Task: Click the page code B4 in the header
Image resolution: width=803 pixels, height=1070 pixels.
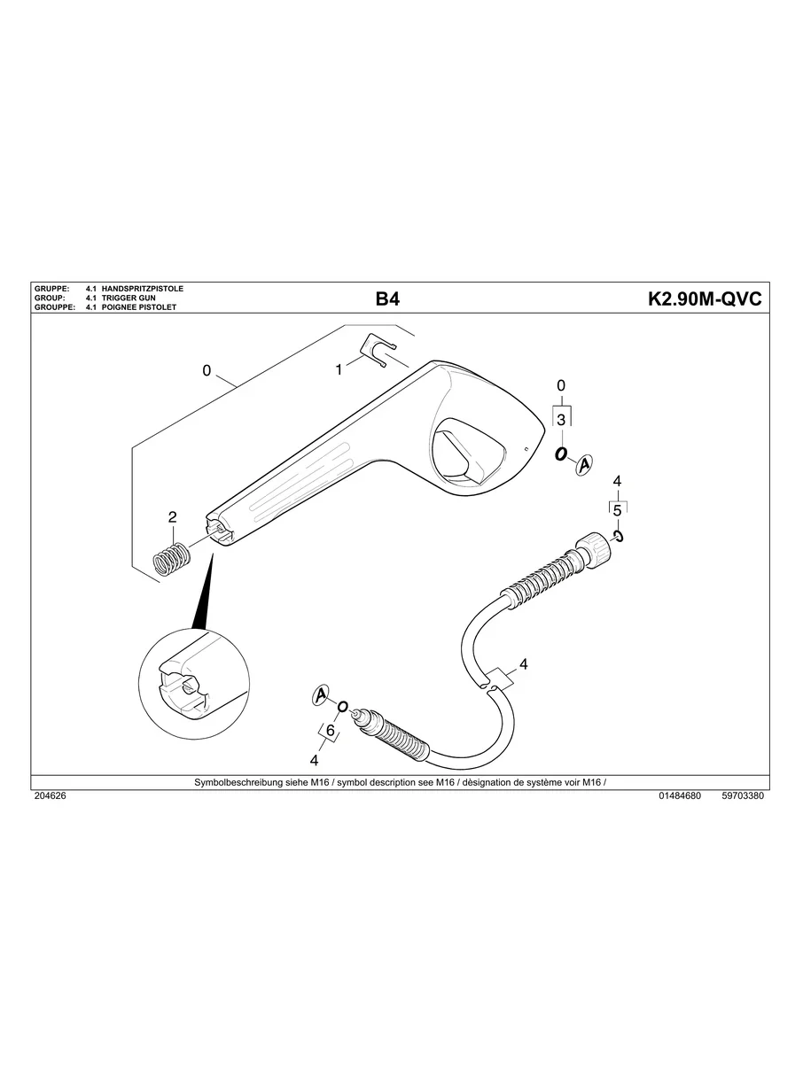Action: [x=387, y=299]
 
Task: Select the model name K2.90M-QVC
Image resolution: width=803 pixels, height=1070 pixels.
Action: [x=705, y=299]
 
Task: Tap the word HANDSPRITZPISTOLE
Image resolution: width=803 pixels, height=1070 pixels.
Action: [x=143, y=290]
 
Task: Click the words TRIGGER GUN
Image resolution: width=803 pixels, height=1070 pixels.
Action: [x=129, y=299]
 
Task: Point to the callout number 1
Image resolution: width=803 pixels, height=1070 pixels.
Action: [x=339, y=370]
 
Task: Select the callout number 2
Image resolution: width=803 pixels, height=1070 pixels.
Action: [x=172, y=517]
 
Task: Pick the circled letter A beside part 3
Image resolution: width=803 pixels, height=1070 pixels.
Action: [x=584, y=461]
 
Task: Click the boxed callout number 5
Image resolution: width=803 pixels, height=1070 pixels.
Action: [x=617, y=510]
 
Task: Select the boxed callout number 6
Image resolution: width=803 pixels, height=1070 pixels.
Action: [x=330, y=731]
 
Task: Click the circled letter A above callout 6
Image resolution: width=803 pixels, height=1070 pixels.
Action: [x=321, y=696]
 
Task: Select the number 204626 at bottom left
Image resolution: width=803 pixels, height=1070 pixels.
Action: [x=50, y=796]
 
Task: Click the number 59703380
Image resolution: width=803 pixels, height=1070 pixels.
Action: [x=743, y=796]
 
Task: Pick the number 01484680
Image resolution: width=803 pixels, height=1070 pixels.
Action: [x=680, y=796]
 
